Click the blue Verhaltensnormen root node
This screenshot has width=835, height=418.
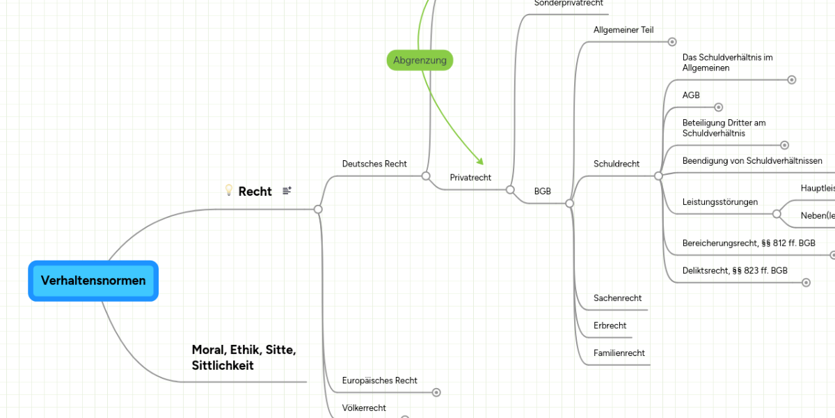coord(93,281)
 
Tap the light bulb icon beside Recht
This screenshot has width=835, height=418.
coord(228,190)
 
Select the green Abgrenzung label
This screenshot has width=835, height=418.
coord(420,61)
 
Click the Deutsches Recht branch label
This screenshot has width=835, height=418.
coord(374,164)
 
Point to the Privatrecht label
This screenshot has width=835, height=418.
coord(470,178)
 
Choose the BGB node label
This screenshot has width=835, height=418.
coord(543,191)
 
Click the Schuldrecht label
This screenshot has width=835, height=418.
coord(617,164)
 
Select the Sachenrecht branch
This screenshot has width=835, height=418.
coord(617,298)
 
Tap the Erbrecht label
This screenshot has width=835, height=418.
coord(610,325)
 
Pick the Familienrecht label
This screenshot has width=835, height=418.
coord(619,353)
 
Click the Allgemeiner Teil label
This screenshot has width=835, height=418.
coord(623,30)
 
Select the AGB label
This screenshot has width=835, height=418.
coord(691,95)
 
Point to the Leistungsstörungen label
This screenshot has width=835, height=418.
coord(720,202)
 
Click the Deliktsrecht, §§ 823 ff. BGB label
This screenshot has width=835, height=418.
coord(735,270)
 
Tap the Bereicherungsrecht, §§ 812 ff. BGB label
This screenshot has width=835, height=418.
coord(749,243)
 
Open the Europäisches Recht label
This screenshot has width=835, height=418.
coord(380,380)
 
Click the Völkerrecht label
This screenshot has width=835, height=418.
coord(364,408)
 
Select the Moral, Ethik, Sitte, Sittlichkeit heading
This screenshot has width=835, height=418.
coord(244,357)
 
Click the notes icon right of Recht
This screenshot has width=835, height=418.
coord(287,191)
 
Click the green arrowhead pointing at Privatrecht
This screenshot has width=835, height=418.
coord(479,162)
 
